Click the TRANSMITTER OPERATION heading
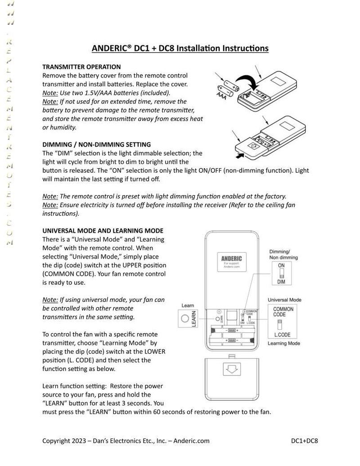(81, 67)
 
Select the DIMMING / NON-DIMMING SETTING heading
(96, 144)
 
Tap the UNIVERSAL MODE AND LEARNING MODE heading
(103, 231)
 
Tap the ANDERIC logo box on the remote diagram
(232, 261)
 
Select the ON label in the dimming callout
(281, 266)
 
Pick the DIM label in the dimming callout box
(281, 282)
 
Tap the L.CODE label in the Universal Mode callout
(283, 335)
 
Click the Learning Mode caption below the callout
(284, 344)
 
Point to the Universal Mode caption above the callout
(284, 300)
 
